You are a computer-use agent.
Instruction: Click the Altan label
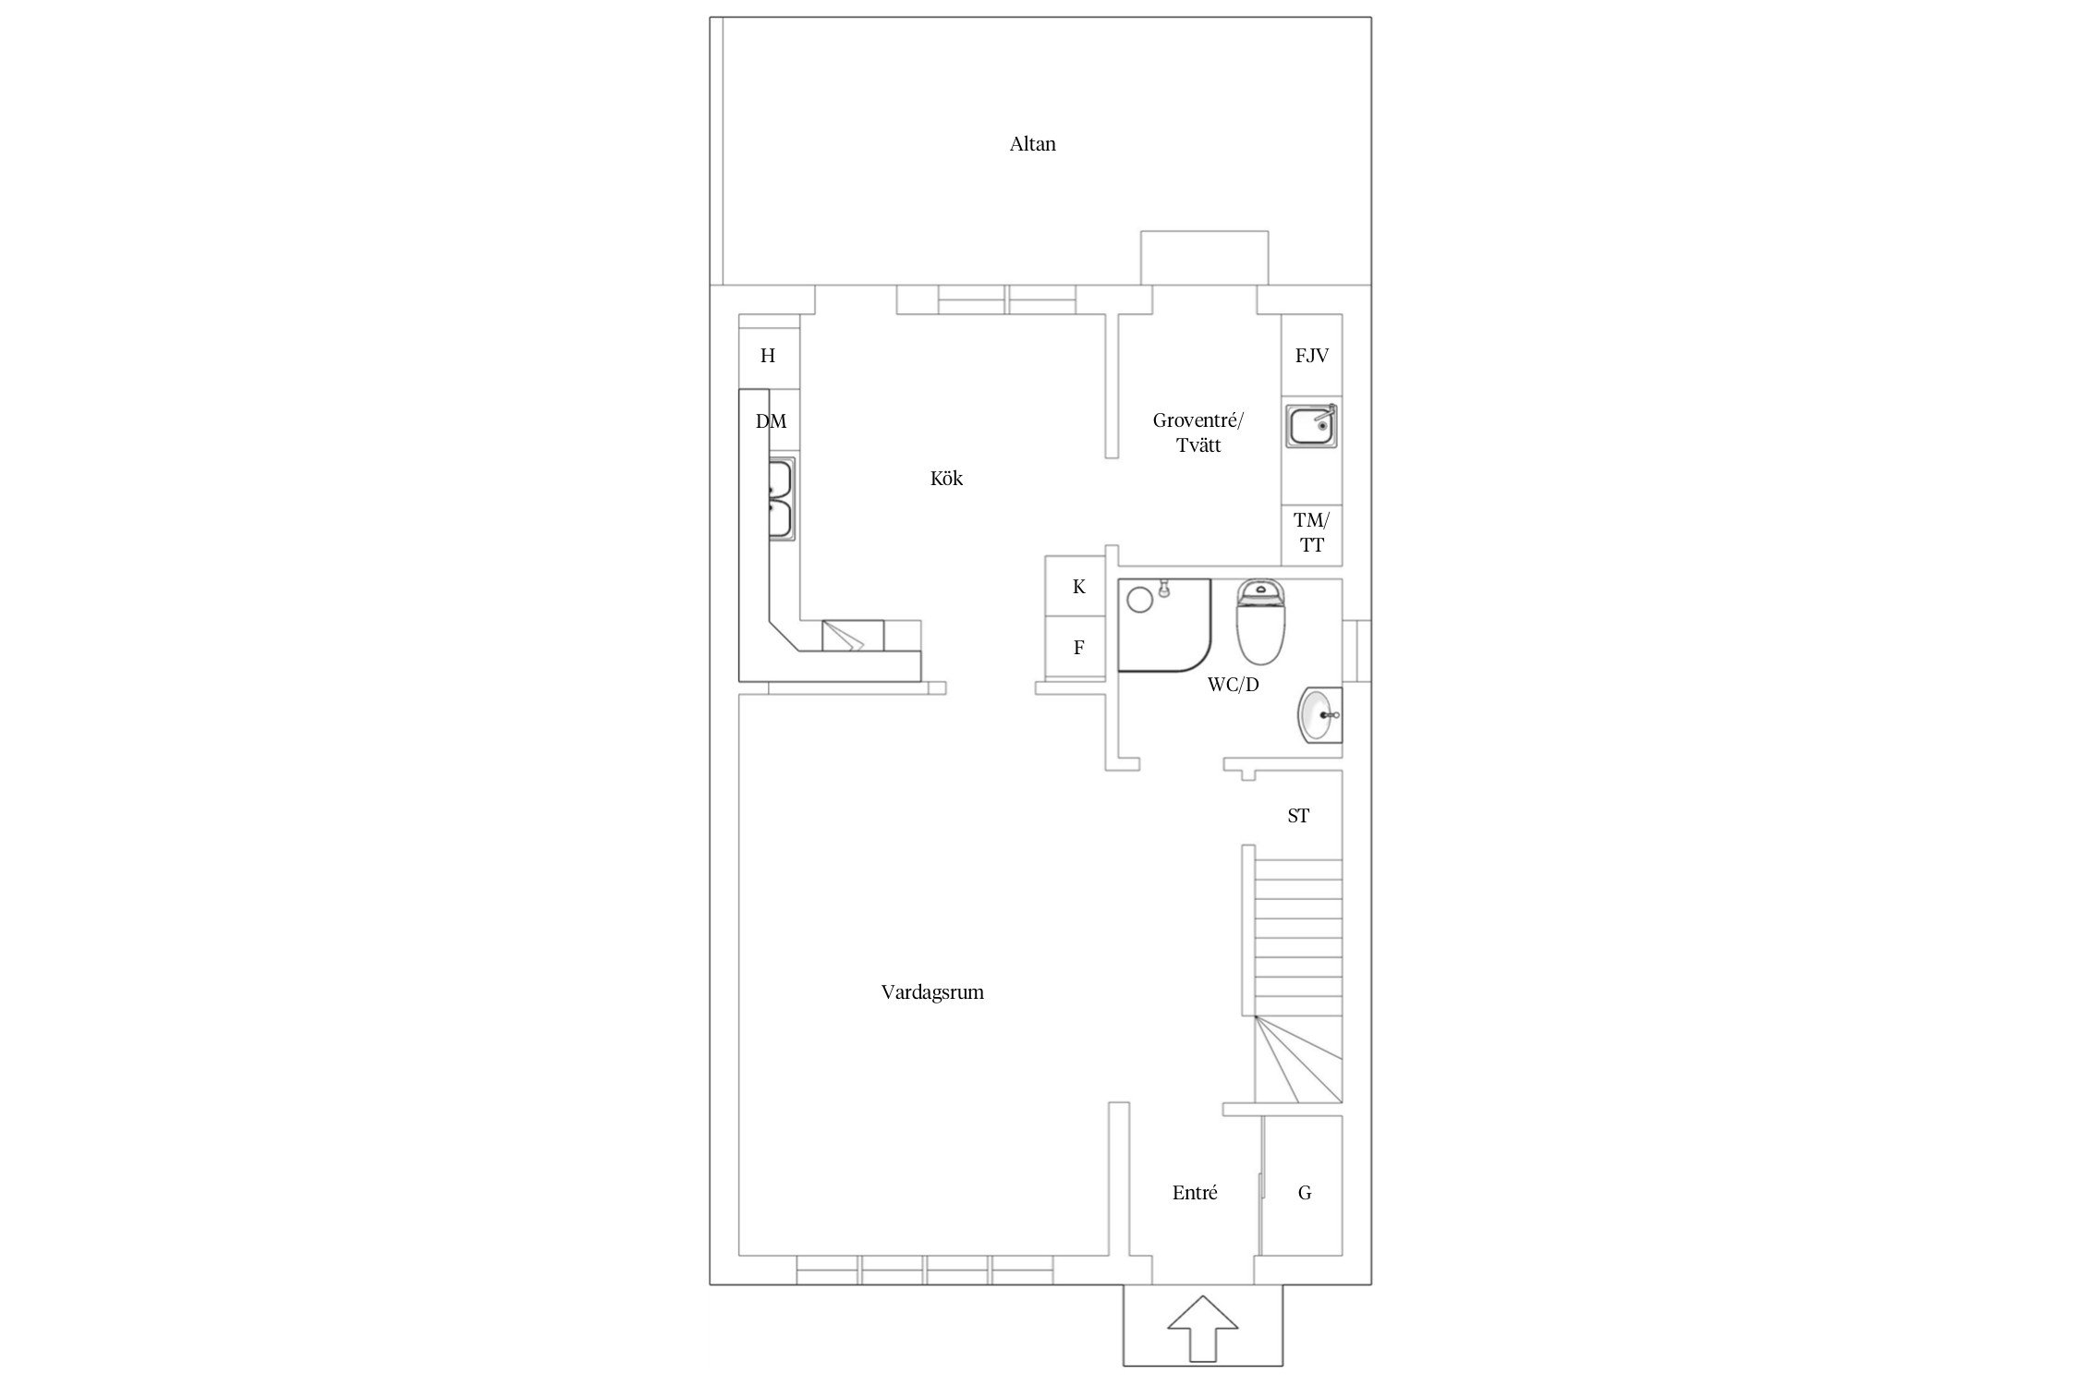pyautogui.click(x=1032, y=144)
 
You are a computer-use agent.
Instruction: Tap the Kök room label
pyautogui.click(x=946, y=479)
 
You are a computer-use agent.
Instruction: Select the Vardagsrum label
pyautogui.click(x=932, y=993)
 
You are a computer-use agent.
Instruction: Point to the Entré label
pyautogui.click(x=1195, y=1193)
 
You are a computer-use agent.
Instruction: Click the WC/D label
pyautogui.click(x=1233, y=685)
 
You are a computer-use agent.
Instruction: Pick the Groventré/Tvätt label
pyautogui.click(x=1198, y=432)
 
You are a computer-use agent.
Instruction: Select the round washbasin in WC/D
pyautogui.click(x=1319, y=714)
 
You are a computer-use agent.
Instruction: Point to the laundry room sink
pyautogui.click(x=1311, y=426)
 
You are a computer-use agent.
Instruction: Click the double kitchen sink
pyautogui.click(x=782, y=499)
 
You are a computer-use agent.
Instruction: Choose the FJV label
pyautogui.click(x=1311, y=356)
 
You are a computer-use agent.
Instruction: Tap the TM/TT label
pyautogui.click(x=1311, y=533)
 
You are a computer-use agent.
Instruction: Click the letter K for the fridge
pyautogui.click(x=1078, y=587)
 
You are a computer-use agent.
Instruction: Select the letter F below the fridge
pyautogui.click(x=1078, y=648)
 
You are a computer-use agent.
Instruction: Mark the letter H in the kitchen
pyautogui.click(x=768, y=356)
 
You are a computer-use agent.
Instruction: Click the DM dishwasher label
pyautogui.click(x=772, y=421)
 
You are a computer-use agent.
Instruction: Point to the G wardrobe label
pyautogui.click(x=1305, y=1193)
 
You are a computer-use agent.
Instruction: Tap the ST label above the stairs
pyautogui.click(x=1298, y=816)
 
